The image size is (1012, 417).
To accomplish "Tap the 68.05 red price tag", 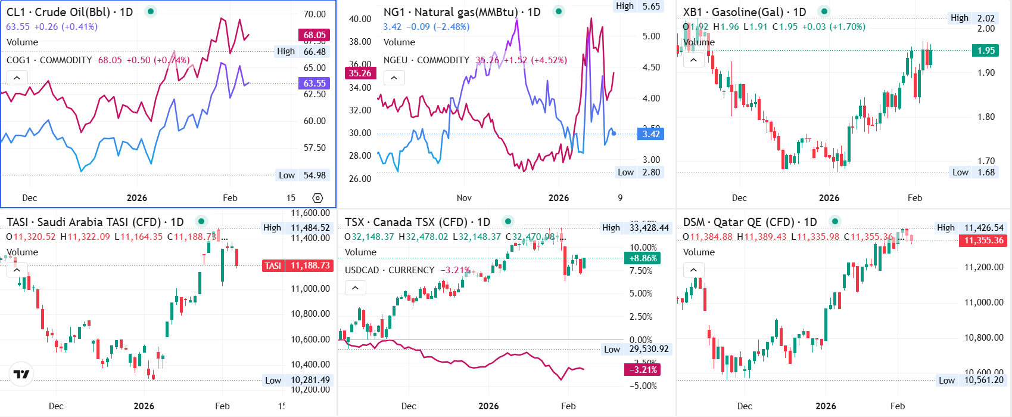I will (x=314, y=35).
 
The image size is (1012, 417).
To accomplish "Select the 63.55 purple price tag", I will (x=314, y=84).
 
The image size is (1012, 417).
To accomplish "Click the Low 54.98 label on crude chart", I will (x=303, y=175).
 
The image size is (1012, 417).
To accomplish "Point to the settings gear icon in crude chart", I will (x=317, y=198).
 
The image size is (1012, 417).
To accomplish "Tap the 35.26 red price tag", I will (x=360, y=73).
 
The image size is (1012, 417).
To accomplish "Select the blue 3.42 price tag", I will (x=650, y=134).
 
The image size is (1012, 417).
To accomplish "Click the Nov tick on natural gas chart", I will (x=464, y=198).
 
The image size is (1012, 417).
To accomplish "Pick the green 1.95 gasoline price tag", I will (x=986, y=51).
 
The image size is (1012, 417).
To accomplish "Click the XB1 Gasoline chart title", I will (x=744, y=12).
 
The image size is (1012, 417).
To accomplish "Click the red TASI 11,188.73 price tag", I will (x=297, y=266).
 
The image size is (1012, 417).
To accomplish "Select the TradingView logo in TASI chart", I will (x=21, y=374).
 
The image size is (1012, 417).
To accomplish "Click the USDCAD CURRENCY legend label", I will (x=390, y=270).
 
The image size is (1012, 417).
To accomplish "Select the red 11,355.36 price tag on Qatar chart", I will (x=983, y=240).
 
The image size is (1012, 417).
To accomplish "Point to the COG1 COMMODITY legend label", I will (x=49, y=60).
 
